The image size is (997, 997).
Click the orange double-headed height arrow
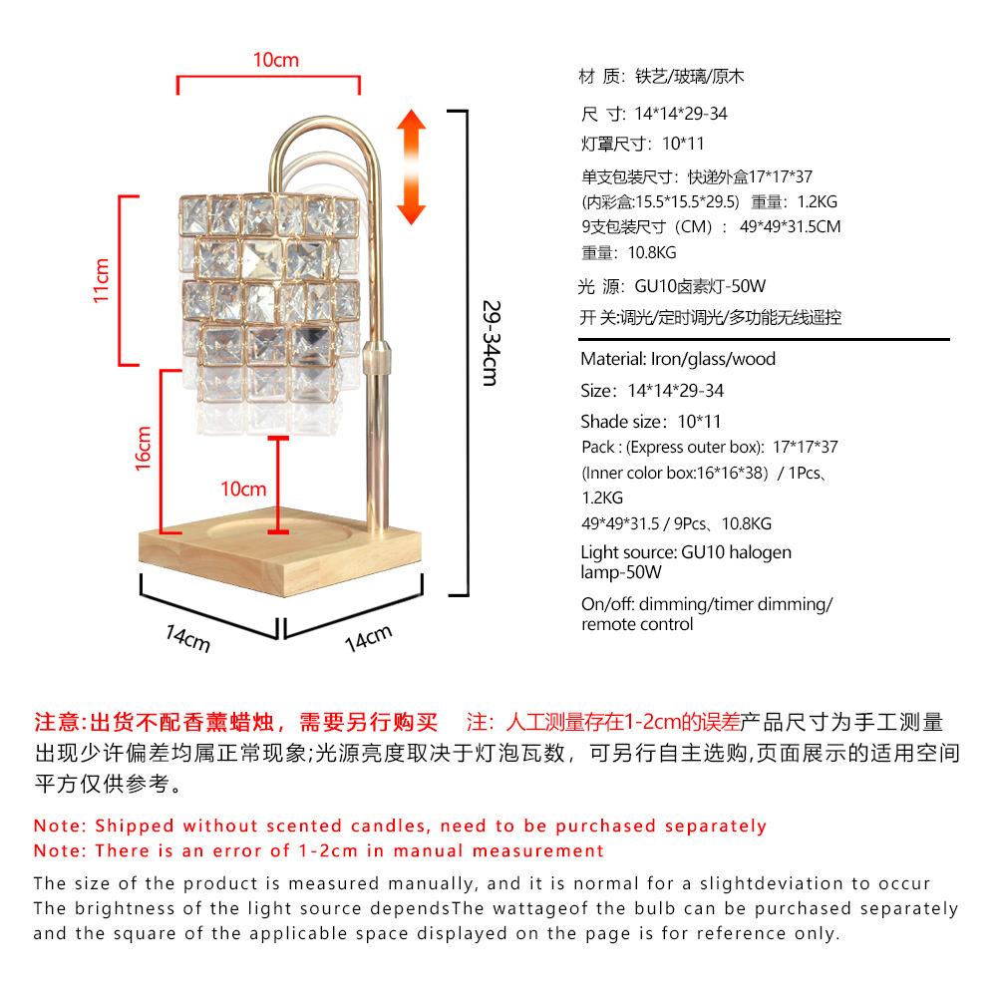pyautogui.click(x=411, y=166)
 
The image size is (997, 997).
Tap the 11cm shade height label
pyautogui.click(x=101, y=280)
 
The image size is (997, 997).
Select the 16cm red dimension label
pyautogui.click(x=144, y=448)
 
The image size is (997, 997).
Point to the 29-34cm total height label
pyautogui.click(x=490, y=343)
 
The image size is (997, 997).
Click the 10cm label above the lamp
pyautogui.click(x=275, y=61)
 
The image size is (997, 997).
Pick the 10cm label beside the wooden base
pyautogui.click(x=243, y=489)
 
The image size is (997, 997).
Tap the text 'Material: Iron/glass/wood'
pyautogui.click(x=678, y=359)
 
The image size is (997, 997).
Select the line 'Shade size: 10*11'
pyautogui.click(x=651, y=422)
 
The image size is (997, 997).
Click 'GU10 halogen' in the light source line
pyautogui.click(x=737, y=552)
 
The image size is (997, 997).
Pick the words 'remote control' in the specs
pyautogui.click(x=637, y=625)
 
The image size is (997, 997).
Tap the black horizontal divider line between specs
pyautogui.click(x=764, y=340)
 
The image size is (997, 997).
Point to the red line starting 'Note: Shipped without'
pyautogui.click(x=400, y=827)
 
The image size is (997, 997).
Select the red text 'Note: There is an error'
pyautogui.click(x=319, y=851)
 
